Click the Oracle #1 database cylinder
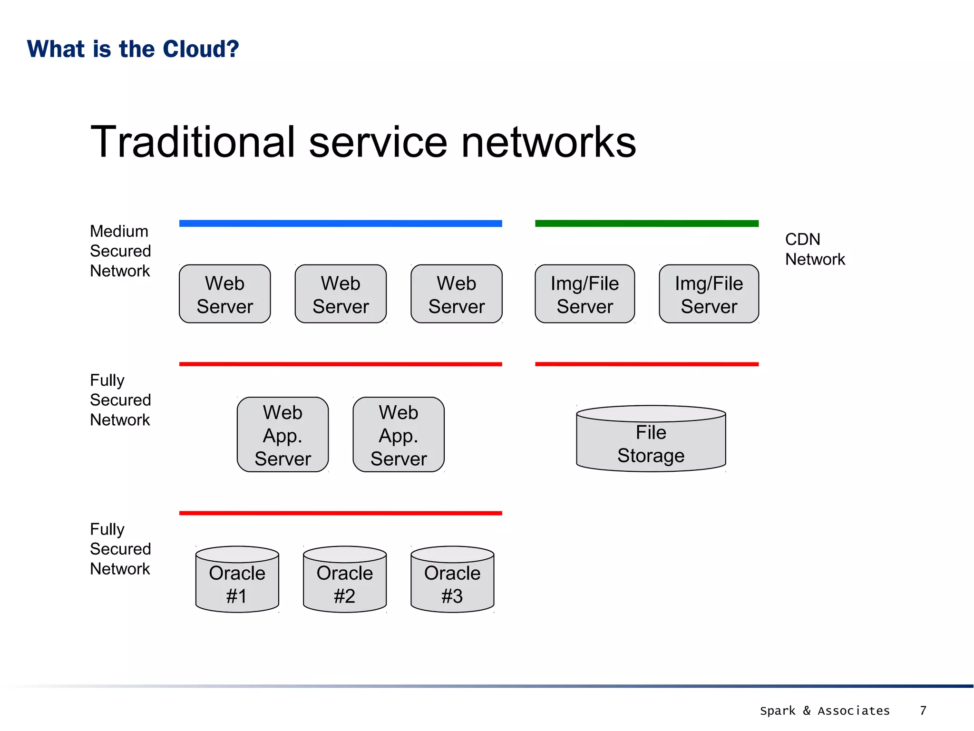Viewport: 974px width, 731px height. click(x=237, y=580)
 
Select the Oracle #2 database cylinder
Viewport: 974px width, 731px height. click(x=344, y=580)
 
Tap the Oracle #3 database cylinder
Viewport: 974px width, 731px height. click(x=452, y=580)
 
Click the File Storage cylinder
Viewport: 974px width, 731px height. click(x=651, y=440)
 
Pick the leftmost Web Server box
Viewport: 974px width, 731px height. click(x=224, y=294)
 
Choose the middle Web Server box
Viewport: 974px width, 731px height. click(x=341, y=294)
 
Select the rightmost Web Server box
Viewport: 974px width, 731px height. click(x=456, y=294)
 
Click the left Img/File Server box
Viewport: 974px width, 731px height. click(x=584, y=294)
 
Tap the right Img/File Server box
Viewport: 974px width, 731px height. click(x=709, y=294)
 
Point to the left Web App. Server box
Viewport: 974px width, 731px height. click(x=282, y=435)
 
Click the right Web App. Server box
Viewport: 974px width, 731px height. click(x=399, y=435)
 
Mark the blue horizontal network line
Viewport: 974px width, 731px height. click(x=341, y=223)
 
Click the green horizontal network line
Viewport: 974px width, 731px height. click(x=646, y=223)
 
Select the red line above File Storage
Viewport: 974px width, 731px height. click(x=646, y=364)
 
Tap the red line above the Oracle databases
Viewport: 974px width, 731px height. click(x=341, y=513)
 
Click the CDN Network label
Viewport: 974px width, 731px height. click(x=814, y=249)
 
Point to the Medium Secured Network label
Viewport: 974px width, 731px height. click(x=120, y=251)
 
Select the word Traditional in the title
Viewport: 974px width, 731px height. click(x=193, y=142)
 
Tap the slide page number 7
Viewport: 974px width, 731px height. click(x=923, y=711)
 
